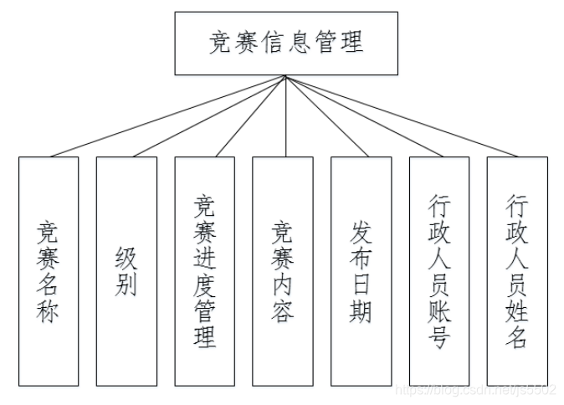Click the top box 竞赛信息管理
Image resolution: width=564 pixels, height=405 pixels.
(x=286, y=42)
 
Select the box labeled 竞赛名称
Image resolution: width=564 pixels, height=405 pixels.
(x=49, y=270)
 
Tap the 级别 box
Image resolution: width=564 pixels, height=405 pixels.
(x=126, y=270)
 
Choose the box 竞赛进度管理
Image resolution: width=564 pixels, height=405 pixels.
(x=205, y=270)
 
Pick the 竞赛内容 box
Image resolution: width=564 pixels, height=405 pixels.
(x=283, y=270)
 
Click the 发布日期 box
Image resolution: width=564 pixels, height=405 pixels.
(x=361, y=270)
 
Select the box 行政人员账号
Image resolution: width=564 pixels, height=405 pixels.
(x=439, y=270)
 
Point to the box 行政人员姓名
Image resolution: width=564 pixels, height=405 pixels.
(x=517, y=270)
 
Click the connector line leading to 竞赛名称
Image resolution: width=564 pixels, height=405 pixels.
(x=167, y=116)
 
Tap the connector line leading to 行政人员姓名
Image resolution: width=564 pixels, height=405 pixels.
(x=402, y=116)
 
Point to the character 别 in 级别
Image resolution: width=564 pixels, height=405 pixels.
(x=126, y=285)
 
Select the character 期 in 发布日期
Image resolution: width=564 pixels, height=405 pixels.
(x=361, y=312)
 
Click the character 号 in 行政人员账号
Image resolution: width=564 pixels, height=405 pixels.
(x=439, y=338)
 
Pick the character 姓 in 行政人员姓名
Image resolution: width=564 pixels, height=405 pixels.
(x=517, y=311)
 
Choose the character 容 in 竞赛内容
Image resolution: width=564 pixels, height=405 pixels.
(x=283, y=312)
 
